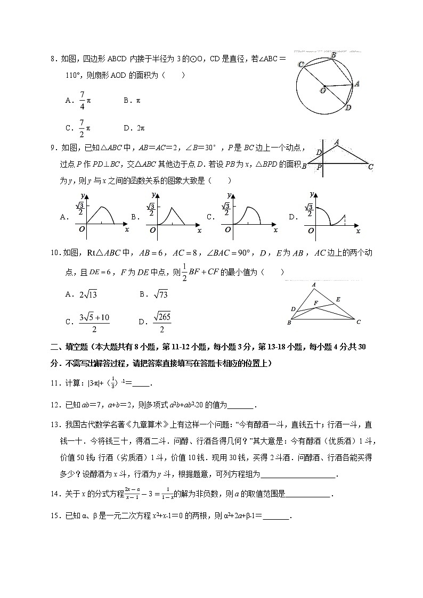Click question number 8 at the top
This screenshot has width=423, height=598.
coord(54,60)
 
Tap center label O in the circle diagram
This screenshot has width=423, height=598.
coord(322,91)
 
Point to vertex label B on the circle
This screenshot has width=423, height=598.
coord(333,55)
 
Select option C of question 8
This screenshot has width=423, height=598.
coord(69,128)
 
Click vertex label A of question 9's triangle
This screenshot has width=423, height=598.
coord(337,142)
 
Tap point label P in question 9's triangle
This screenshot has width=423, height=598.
coord(319,167)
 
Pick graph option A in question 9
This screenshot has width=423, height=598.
coord(64,217)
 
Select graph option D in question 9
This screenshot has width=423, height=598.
coord(292,217)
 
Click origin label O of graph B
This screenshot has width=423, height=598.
coord(153,230)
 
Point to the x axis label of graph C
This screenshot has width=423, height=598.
coord(275,231)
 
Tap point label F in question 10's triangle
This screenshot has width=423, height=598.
coord(316,302)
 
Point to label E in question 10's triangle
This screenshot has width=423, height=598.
coord(338,299)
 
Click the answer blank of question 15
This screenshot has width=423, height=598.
coord(276,516)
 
